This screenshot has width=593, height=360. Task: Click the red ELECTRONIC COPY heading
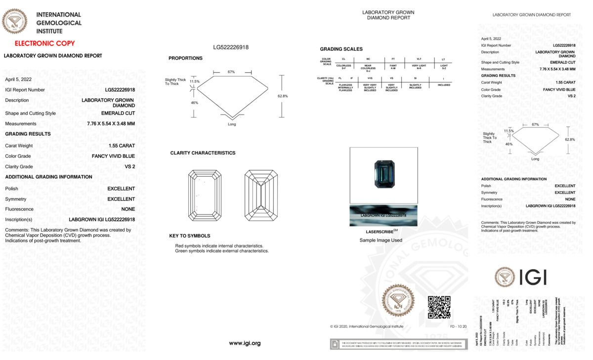click(x=44, y=43)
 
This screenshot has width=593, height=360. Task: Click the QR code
click(x=439, y=307)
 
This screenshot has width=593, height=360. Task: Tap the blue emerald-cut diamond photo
click(x=384, y=174)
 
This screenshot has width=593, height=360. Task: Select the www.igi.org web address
click(x=245, y=343)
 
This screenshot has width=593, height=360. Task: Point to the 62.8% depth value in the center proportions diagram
click(x=283, y=96)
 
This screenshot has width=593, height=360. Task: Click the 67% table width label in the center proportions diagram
click(x=231, y=72)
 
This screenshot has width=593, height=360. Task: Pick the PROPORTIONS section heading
click(x=185, y=58)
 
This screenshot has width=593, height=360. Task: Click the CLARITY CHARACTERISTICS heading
click(x=203, y=153)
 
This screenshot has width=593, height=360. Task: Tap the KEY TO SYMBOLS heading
click(x=190, y=236)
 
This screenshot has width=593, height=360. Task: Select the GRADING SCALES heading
click(x=341, y=49)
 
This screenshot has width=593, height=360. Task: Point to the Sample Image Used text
click(x=381, y=240)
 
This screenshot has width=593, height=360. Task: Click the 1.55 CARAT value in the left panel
click(x=122, y=146)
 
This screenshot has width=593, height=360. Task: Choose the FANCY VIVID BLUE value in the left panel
click(x=113, y=156)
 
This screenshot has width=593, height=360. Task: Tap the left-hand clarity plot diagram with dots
click(x=205, y=196)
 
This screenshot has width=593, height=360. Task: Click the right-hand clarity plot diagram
click(x=261, y=196)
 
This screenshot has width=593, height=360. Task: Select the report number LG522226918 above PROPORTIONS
click(x=231, y=47)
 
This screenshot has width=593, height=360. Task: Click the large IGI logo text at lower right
click(x=532, y=278)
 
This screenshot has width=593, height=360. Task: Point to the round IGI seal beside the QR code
click(x=398, y=300)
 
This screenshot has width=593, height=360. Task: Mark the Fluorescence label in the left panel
click(x=19, y=209)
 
